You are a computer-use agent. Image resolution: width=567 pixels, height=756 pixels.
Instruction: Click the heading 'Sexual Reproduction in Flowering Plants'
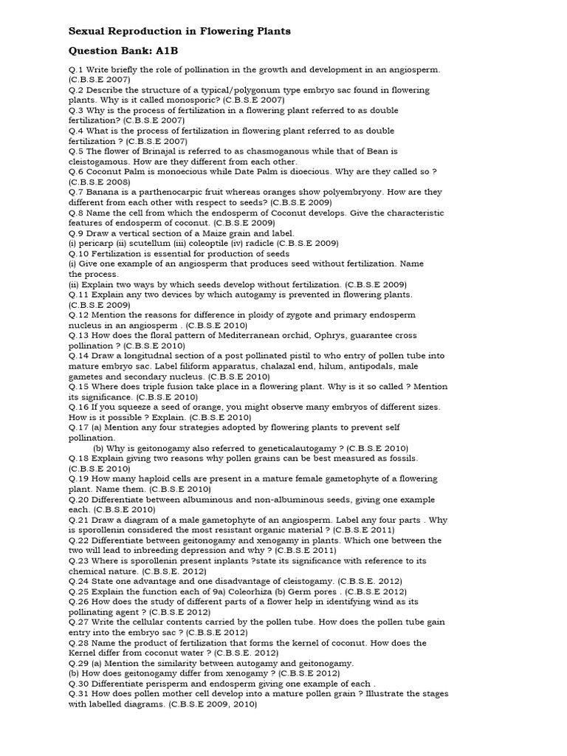[x=179, y=31]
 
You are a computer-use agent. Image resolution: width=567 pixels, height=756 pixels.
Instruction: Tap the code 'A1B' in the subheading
[x=166, y=51]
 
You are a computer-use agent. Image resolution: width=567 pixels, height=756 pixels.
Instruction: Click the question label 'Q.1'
[x=78, y=69]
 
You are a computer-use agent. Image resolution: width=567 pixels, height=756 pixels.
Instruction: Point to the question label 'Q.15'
[x=80, y=386]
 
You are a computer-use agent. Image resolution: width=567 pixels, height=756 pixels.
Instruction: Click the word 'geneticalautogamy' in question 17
[x=292, y=447]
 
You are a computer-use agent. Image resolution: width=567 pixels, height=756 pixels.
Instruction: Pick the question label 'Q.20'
[x=80, y=498]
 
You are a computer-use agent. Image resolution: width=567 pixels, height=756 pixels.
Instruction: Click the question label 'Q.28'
[x=80, y=642]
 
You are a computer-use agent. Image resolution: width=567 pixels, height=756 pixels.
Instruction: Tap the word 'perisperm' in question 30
[x=164, y=684]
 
